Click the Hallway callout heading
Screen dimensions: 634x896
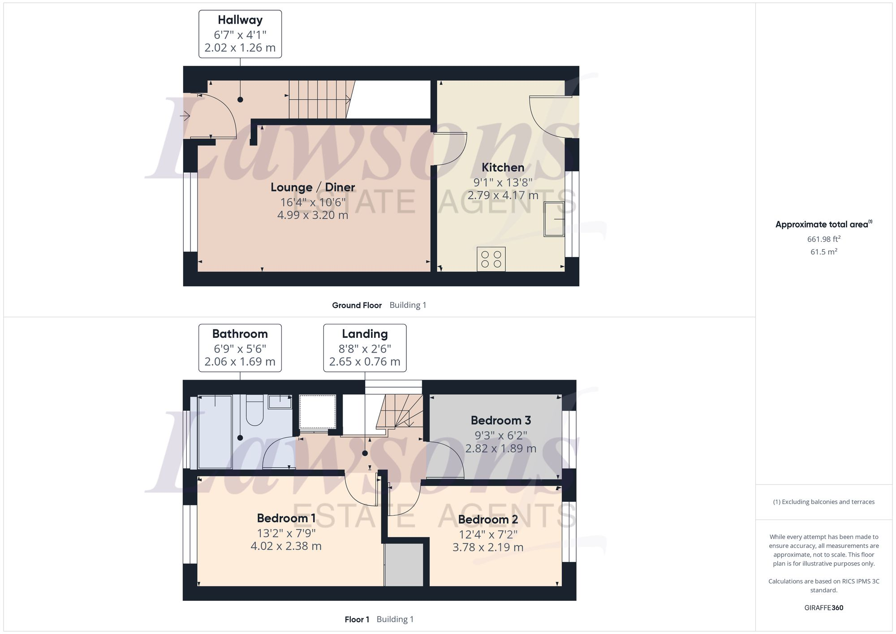(x=240, y=20)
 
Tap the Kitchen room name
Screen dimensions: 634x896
(x=503, y=168)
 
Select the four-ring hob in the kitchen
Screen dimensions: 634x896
(x=491, y=259)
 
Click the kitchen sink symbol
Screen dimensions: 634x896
(x=554, y=219)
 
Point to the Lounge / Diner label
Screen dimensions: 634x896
(x=313, y=187)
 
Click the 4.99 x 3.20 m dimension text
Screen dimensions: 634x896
(x=313, y=215)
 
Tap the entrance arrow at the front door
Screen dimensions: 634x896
(x=185, y=116)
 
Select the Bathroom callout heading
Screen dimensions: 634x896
(x=240, y=334)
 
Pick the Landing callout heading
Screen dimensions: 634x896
(x=365, y=334)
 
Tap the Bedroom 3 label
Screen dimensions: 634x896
(x=501, y=420)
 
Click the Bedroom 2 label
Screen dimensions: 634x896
(x=488, y=520)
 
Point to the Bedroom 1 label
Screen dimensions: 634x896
(x=286, y=518)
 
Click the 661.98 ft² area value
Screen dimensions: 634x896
(x=823, y=239)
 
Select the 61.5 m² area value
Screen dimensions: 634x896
(x=823, y=252)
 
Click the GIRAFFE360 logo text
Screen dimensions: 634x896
(x=823, y=608)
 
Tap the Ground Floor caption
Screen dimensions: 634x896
(x=357, y=306)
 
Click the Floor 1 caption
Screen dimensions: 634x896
(x=357, y=620)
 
